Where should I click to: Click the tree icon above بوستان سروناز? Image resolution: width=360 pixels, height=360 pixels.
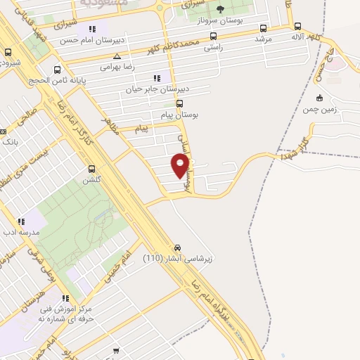click(x=220, y=9)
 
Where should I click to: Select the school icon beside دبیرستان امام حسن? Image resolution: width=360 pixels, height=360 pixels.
click(x=91, y=30)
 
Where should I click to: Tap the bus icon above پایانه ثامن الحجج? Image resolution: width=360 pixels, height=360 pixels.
click(x=58, y=70)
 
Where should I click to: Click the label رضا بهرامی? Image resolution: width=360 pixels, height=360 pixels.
click(x=117, y=67)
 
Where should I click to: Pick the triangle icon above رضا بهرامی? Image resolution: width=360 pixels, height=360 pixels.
click(x=117, y=56)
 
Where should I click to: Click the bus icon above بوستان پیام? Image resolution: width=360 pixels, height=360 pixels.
click(x=179, y=103)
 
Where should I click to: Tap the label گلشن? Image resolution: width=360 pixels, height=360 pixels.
click(x=91, y=180)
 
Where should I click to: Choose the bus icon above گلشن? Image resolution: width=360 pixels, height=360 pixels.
click(x=91, y=169)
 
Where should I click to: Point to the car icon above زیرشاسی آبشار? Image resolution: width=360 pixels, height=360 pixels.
click(x=178, y=247)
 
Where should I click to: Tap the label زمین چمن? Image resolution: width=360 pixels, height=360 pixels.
click(x=320, y=109)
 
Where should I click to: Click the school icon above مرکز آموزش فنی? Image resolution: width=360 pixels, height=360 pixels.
click(x=65, y=297)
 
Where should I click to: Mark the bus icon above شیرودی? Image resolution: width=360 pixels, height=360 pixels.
click(x=8, y=52)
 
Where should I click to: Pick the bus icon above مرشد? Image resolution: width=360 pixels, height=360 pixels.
click(x=263, y=29)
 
